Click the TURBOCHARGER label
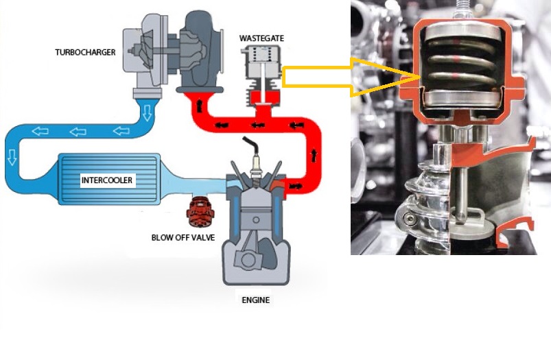pyautogui.click(x=85, y=52)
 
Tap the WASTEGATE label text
pyautogui.click(x=261, y=38)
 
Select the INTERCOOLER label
pyautogui.click(x=107, y=180)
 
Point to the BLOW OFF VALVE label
pyautogui.click(x=183, y=238)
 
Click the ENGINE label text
pyautogui.click(x=256, y=300)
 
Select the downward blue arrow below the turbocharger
pyautogui.click(x=147, y=112)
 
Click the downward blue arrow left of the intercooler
pyautogui.click(x=12, y=156)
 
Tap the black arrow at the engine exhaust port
pyautogui.click(x=295, y=186)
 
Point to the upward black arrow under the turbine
pyautogui.click(x=200, y=106)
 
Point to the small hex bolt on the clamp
pyautogui.click(x=409, y=220)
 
